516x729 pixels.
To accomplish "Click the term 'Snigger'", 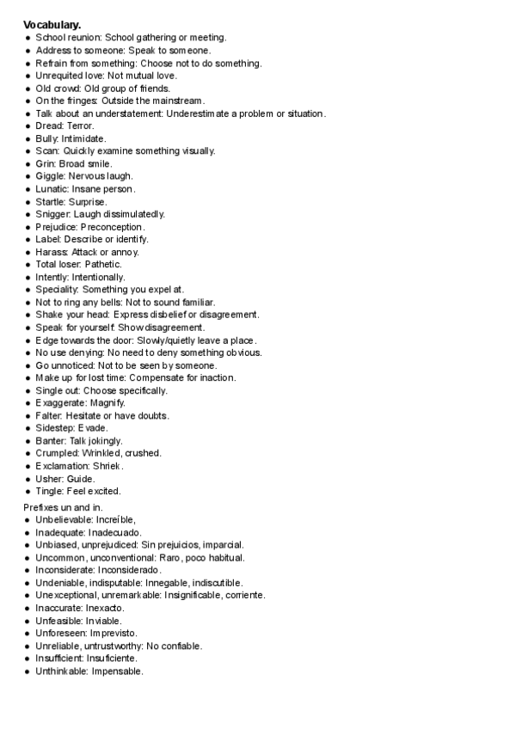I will pos(53,213).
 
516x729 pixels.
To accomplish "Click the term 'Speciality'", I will pos(58,290).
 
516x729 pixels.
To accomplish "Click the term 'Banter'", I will pos(51,440).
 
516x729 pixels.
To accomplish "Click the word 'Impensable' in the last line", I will pos(117,671).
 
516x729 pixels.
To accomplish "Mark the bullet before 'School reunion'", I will pos(28,38).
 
